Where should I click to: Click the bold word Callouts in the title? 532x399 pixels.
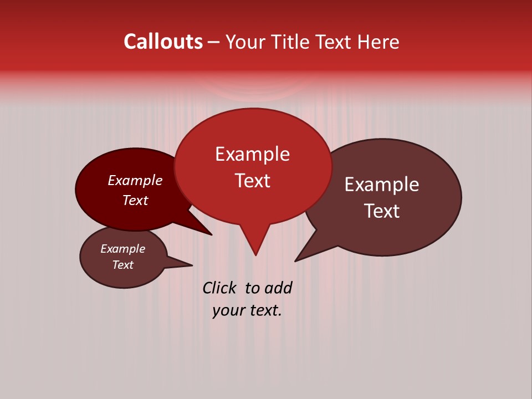point(163,42)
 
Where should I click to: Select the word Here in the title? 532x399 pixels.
point(380,42)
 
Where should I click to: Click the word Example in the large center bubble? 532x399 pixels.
point(252,154)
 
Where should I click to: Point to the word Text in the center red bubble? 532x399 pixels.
point(252,181)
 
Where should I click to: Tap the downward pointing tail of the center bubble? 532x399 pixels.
point(255,241)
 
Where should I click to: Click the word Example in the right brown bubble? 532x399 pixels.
point(381,185)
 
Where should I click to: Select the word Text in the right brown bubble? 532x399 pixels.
point(382,211)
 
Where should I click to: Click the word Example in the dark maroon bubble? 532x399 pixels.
point(135,180)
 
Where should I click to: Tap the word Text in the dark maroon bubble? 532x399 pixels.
point(135,200)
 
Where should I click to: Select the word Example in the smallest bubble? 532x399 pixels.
point(122,249)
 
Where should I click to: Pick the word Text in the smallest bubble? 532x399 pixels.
point(122,265)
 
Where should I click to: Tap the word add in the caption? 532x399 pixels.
point(278,288)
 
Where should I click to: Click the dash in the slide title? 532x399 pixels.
point(214,42)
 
